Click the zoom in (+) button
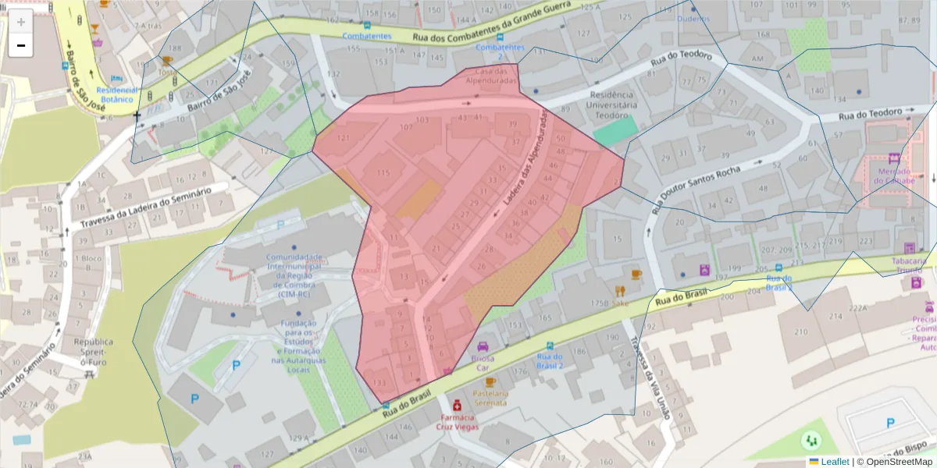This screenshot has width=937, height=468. click(20, 22)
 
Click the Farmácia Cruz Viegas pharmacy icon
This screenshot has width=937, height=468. click(456, 406)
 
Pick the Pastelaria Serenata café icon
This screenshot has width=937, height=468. click(490, 382)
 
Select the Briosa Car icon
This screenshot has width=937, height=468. click(483, 346)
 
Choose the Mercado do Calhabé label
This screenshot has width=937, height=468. click(894, 175)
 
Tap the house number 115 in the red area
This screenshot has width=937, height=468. click(383, 172)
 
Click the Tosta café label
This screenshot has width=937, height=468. click(167, 72)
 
